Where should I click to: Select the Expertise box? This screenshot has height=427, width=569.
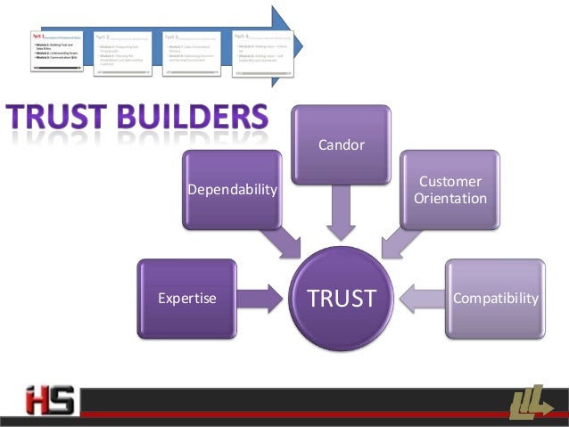coord(186,299)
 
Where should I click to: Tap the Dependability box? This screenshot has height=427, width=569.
coord(233,190)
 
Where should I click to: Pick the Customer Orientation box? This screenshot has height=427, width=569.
coord(450,190)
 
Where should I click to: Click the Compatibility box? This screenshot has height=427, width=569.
coord(495,299)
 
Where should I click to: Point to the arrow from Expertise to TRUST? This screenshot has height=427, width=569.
coord(260,299)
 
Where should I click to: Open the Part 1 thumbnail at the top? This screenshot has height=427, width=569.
coord(57,54)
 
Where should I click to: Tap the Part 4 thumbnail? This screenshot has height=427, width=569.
coord(263,54)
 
